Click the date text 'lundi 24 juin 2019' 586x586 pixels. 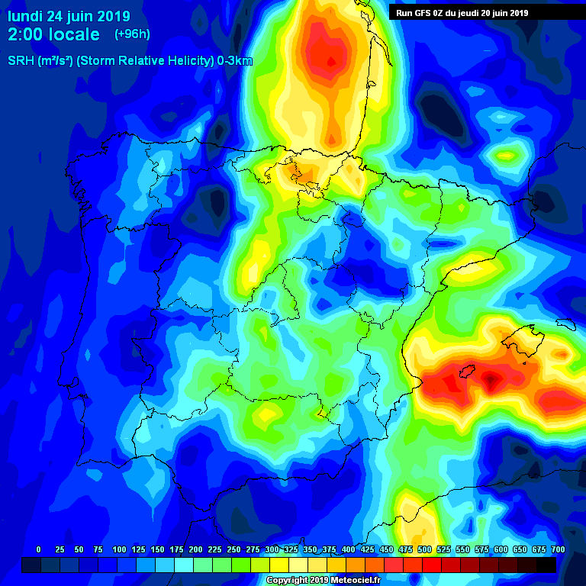69,16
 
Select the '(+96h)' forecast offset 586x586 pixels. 132,34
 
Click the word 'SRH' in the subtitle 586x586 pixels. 21,61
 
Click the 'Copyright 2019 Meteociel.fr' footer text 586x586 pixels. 323,580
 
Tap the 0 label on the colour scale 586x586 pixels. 38,549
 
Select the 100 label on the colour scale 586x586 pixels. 119,549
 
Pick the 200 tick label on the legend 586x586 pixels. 195,549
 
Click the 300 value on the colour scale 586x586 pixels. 272,549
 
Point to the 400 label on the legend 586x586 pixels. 348,549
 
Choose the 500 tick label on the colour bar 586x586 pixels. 424,549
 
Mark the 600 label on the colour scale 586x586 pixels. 501,549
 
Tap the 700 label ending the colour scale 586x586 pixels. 558,549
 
